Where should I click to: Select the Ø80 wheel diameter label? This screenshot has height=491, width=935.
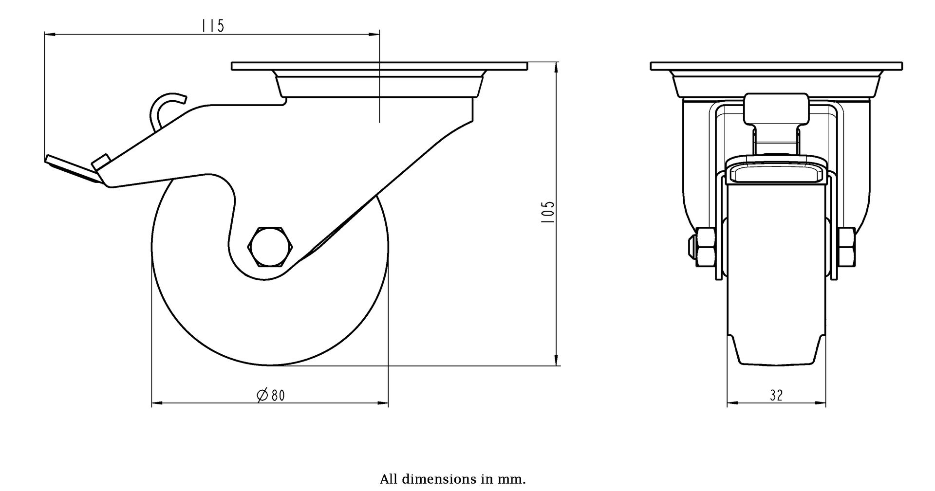coord(270,396)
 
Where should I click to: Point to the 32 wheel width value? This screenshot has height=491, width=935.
coord(776,396)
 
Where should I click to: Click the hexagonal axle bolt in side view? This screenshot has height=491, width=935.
coord(269,246)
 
